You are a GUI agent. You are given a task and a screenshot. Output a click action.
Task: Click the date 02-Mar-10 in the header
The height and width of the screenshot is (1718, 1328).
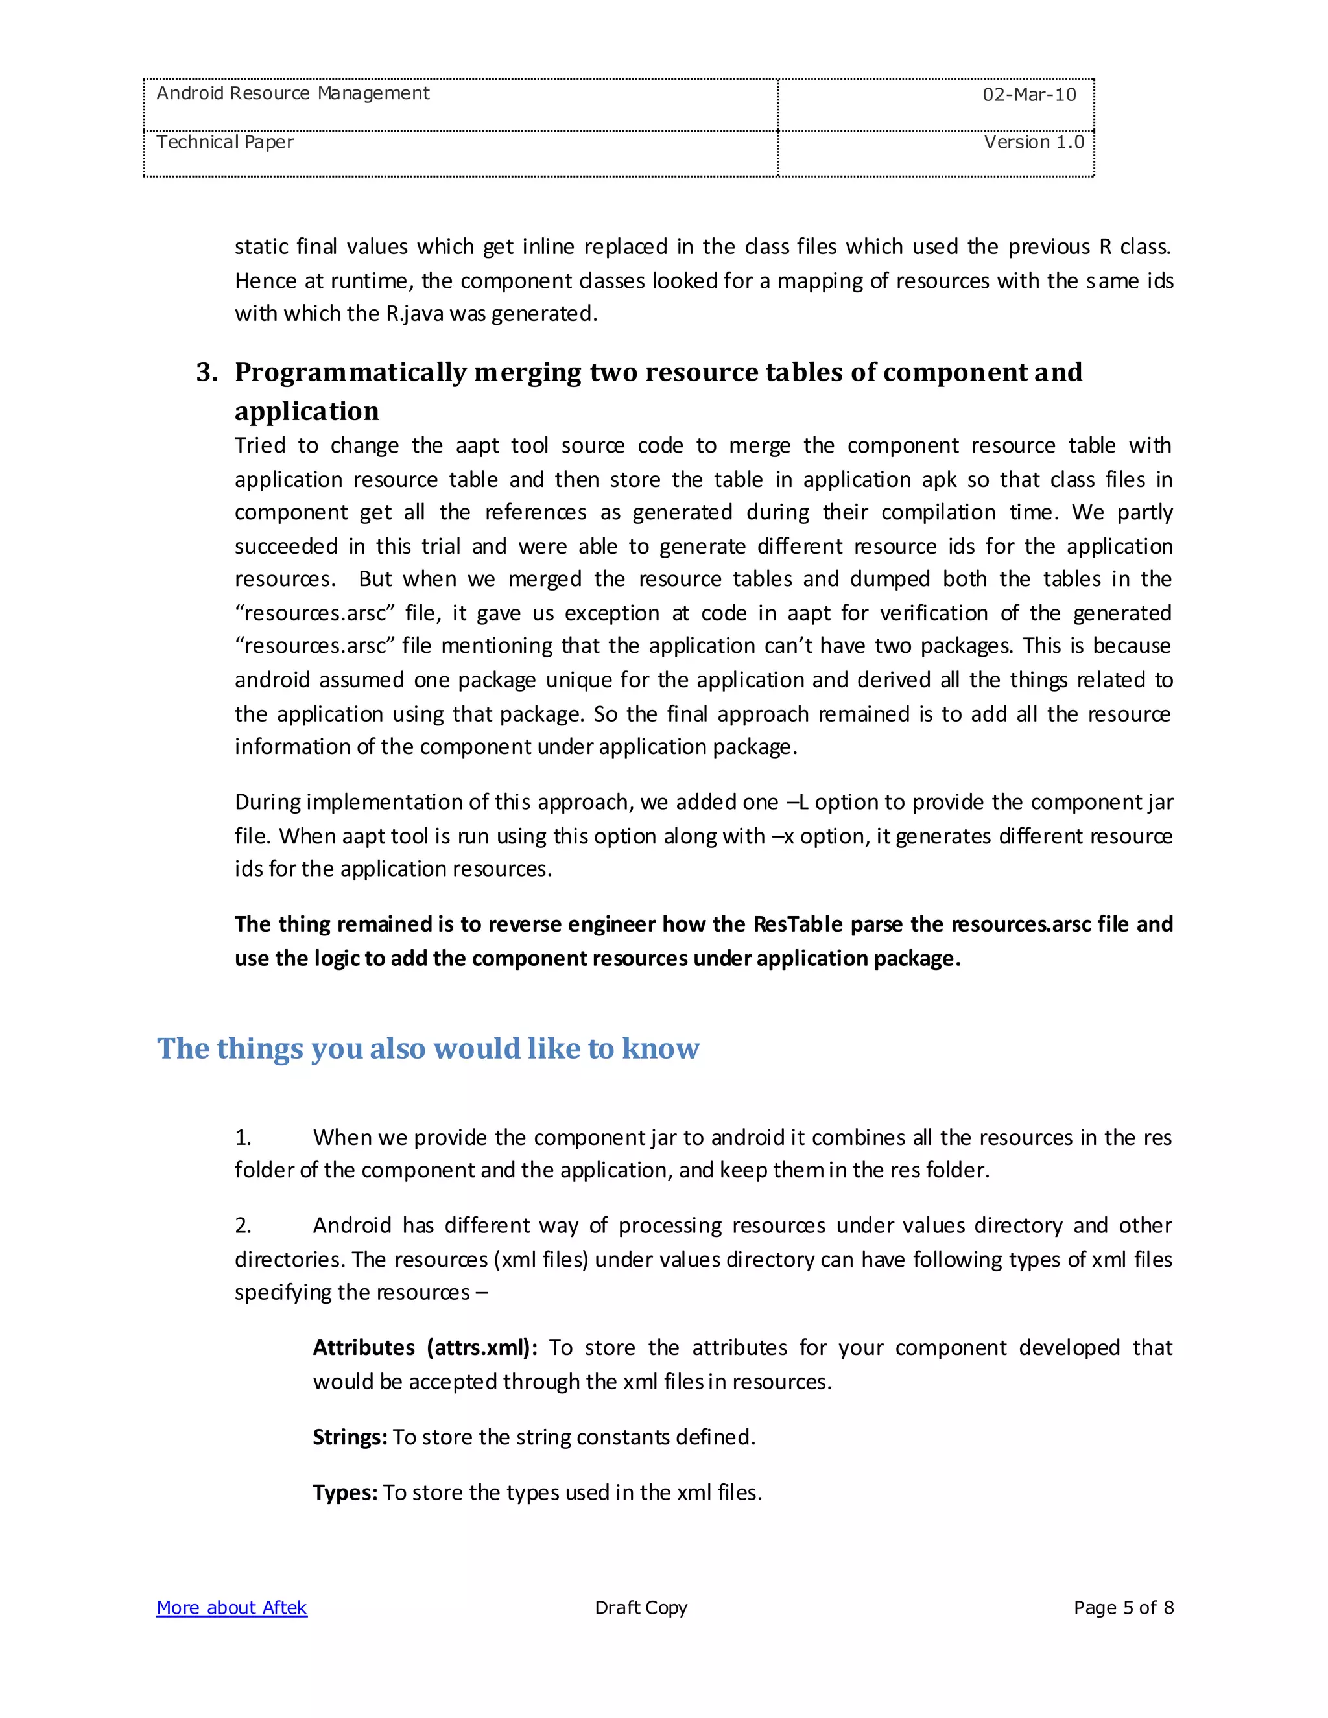[x=1028, y=95]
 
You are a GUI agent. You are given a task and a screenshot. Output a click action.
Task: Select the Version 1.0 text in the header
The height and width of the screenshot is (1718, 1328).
[x=1033, y=143]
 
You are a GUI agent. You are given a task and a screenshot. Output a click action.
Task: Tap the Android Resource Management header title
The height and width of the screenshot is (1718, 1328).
[x=292, y=93]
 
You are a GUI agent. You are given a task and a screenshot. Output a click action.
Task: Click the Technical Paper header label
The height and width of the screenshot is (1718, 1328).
[x=225, y=143]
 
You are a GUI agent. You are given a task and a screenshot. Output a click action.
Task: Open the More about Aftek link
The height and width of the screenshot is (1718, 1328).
[x=231, y=1608]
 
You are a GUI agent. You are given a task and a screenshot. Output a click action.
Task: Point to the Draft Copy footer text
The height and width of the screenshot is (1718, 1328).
[x=641, y=1608]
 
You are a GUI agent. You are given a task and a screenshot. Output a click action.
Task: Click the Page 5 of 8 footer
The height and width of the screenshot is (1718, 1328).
[x=1122, y=1608]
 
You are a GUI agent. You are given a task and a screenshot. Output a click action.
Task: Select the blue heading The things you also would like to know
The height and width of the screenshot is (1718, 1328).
[x=428, y=1048]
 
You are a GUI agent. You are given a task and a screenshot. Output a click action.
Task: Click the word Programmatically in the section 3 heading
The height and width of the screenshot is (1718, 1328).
[x=350, y=372]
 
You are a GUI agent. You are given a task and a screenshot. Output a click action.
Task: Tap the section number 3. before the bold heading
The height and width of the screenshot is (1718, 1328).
[x=207, y=372]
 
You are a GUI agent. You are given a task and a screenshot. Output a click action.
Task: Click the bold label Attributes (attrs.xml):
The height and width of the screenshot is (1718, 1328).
[x=425, y=1348]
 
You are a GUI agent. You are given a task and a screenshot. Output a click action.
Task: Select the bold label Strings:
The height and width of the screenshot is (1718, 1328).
[x=350, y=1437]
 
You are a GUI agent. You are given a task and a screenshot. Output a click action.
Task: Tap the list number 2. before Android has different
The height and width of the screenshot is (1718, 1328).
[x=243, y=1225]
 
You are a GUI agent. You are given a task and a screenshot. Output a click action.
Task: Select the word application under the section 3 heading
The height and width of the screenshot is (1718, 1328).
[x=306, y=412]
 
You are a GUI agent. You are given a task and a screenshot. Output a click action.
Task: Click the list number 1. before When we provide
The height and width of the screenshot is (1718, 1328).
[x=243, y=1138]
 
